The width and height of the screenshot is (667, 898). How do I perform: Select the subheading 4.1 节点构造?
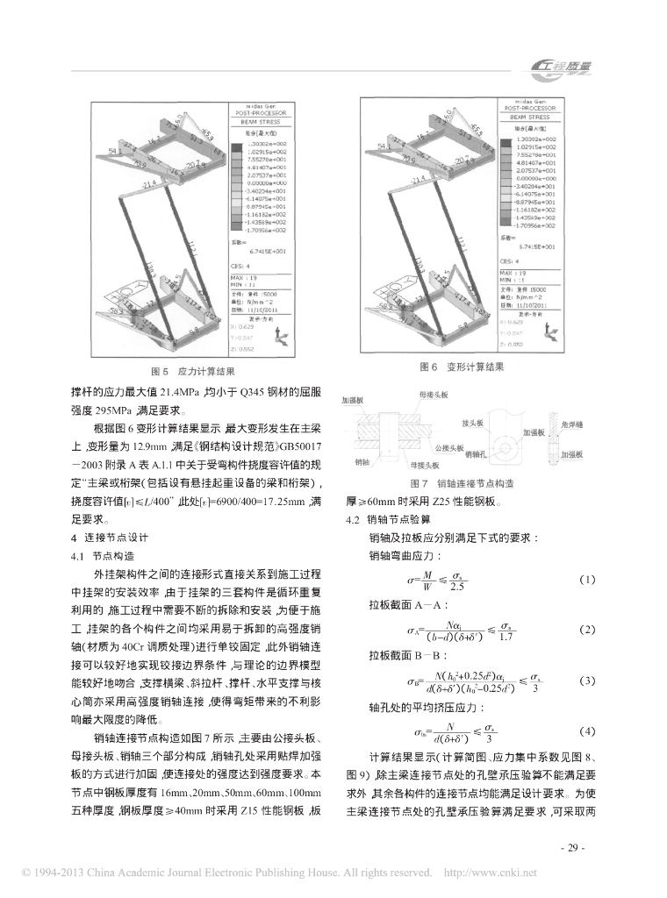pyautogui.click(x=101, y=555)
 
